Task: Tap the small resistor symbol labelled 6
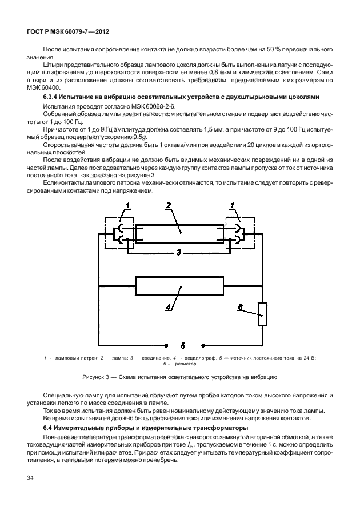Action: tap(262, 314)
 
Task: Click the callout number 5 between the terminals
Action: tap(183, 345)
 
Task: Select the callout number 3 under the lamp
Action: tap(179, 252)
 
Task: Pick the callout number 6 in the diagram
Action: tap(241, 308)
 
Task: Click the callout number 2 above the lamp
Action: tap(169, 206)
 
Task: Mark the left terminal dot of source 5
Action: tap(165, 345)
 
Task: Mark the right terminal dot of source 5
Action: tap(202, 345)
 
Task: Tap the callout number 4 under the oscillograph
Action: tap(169, 307)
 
